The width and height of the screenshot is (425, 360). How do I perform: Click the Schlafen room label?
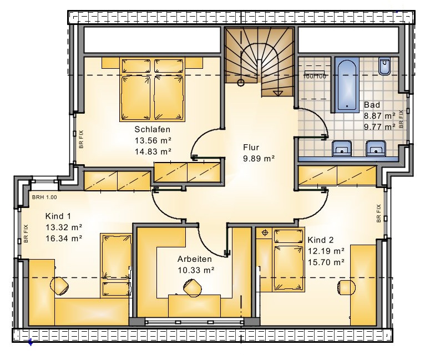(153, 129)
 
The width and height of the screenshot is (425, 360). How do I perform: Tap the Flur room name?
(251, 148)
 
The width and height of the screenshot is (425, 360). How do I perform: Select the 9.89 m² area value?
(259, 159)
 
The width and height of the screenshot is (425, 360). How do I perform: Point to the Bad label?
(372, 104)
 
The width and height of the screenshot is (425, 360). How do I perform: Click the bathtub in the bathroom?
(347, 85)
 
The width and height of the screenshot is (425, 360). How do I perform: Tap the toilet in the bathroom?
(384, 67)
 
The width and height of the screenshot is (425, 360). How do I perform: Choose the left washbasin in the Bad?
(342, 148)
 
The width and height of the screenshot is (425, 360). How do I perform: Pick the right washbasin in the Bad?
(376, 148)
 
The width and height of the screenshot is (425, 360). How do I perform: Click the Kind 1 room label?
(58, 216)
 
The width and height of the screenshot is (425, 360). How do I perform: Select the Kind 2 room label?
(321, 240)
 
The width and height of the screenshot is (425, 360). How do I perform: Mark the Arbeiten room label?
(195, 259)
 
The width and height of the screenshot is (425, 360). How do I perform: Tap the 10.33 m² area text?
(196, 270)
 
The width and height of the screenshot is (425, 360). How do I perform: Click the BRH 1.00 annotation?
(44, 197)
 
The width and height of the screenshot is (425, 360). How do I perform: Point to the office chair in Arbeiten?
(193, 288)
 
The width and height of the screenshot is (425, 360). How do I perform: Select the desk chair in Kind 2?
(347, 287)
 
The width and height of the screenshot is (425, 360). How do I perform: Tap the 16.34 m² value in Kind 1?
(64, 239)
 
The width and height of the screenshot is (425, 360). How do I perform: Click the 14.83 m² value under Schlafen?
(153, 151)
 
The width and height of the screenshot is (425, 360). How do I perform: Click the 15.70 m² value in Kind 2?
(326, 262)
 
